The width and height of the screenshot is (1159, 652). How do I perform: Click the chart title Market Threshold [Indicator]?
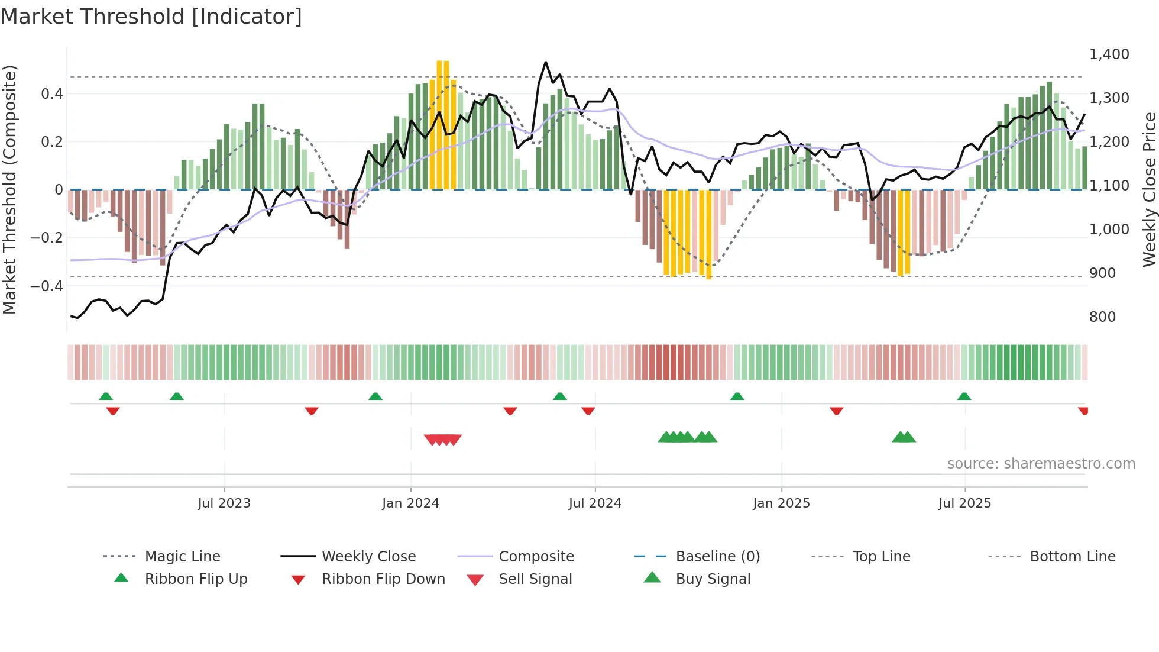pyautogui.click(x=151, y=17)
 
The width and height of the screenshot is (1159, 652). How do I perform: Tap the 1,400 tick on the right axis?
pyautogui.click(x=1109, y=54)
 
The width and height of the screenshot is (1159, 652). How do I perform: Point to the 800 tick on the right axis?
pyautogui.click(x=1102, y=317)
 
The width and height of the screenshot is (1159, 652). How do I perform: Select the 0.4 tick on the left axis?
pyautogui.click(x=52, y=94)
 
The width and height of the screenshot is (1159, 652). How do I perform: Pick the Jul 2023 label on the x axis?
pyautogui.click(x=224, y=503)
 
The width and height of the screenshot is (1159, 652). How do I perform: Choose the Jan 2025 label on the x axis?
pyautogui.click(x=781, y=503)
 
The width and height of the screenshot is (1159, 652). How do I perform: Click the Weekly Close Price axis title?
pyautogui.click(x=1149, y=189)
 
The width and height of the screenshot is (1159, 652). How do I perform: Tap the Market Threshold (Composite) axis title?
pyautogui.click(x=9, y=189)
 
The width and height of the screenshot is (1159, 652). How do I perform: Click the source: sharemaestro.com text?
pyautogui.click(x=1041, y=464)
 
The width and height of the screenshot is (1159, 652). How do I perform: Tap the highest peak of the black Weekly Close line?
pyautogui.click(x=545, y=62)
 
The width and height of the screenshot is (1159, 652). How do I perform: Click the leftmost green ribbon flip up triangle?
pyautogui.click(x=106, y=396)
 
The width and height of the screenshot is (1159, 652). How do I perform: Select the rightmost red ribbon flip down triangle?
pyautogui.click(x=1083, y=411)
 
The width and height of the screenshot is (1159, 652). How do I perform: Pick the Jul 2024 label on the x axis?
pyautogui.click(x=595, y=503)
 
